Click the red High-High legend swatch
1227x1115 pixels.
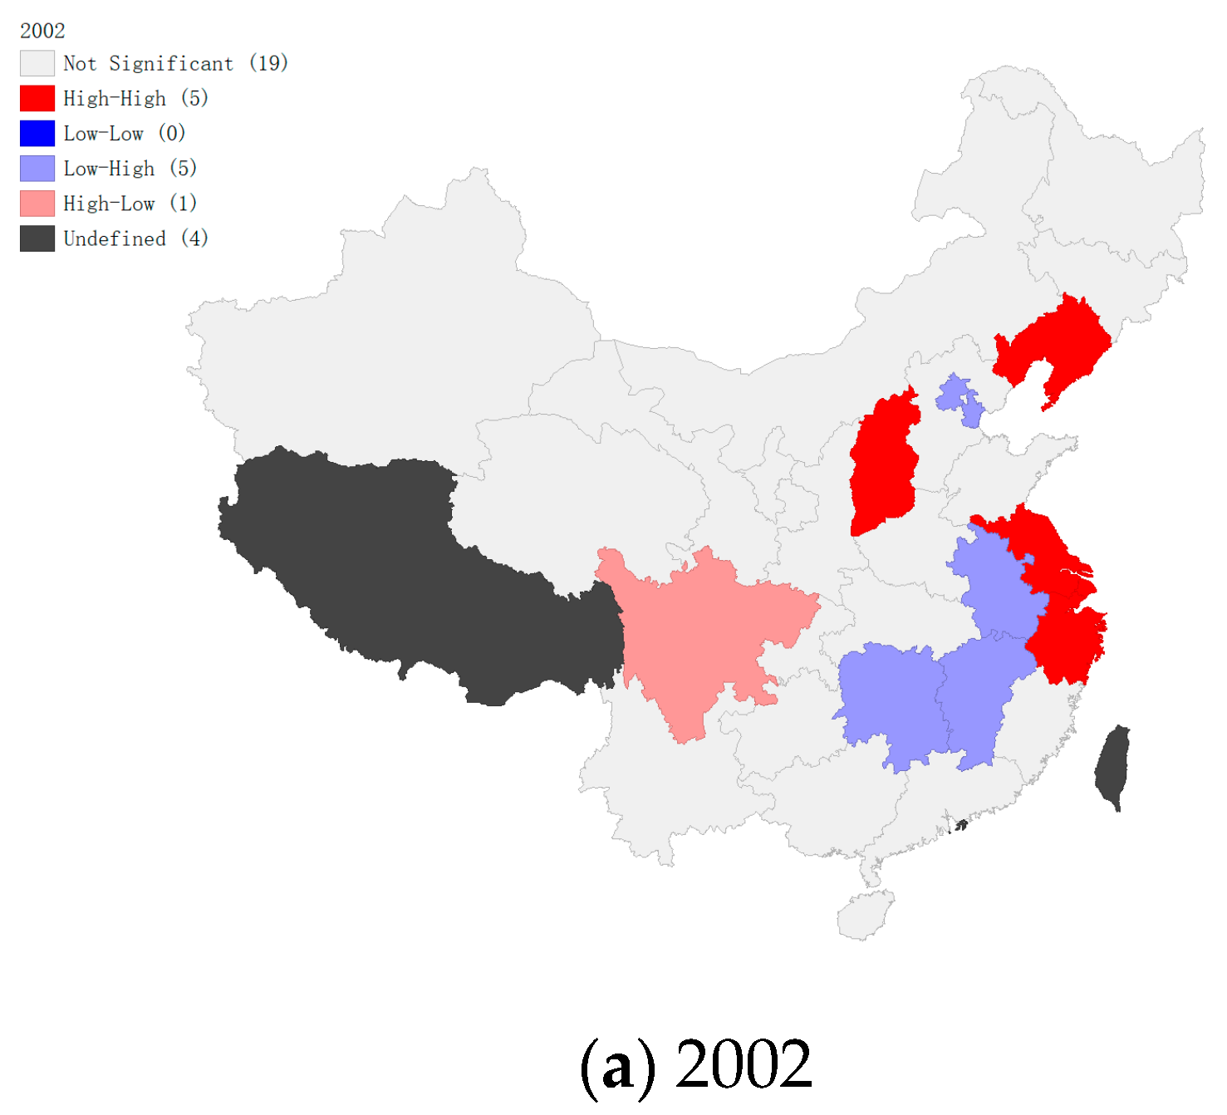(x=37, y=98)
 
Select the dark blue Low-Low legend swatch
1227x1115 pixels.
(x=37, y=133)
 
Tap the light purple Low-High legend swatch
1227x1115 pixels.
(x=37, y=169)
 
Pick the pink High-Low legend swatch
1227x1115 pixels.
(x=37, y=204)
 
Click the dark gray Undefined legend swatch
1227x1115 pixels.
(x=37, y=238)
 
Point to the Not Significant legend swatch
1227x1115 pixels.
(x=37, y=63)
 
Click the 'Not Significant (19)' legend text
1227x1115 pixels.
(x=175, y=63)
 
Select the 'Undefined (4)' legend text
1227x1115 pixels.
(x=135, y=238)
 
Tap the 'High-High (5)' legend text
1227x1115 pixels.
(x=135, y=98)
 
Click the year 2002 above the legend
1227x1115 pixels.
(x=42, y=31)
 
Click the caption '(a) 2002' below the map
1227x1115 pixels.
(x=695, y=1064)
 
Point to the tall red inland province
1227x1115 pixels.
(x=883, y=465)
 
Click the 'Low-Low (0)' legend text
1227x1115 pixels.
(x=124, y=133)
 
